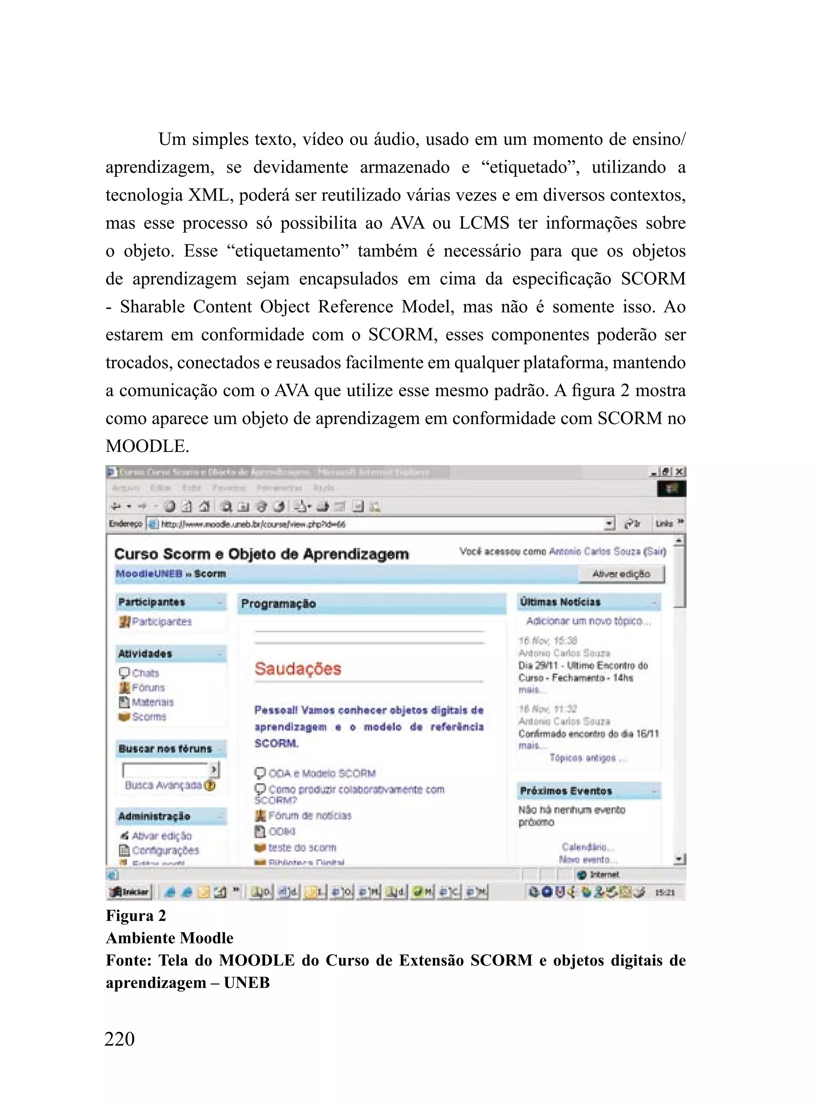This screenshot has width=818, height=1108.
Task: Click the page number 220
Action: (119, 1039)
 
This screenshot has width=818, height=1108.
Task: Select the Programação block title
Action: (278, 603)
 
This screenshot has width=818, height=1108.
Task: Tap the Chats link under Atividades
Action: (145, 673)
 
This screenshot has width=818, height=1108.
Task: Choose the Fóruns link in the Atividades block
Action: (147, 688)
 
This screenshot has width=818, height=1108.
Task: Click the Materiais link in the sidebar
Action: (153, 702)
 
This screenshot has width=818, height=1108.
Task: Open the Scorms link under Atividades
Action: (149, 717)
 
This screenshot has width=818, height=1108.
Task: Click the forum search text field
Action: (165, 769)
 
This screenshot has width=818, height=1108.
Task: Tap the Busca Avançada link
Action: (163, 785)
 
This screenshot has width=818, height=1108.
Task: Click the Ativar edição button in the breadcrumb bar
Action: (621, 574)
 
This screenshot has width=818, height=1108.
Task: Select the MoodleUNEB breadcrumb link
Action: (149, 573)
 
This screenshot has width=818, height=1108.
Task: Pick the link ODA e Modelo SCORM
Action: (322, 773)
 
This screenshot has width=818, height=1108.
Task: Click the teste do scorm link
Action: (302, 847)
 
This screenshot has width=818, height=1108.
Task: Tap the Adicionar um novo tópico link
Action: (588, 621)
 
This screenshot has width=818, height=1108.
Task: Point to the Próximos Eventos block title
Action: (566, 791)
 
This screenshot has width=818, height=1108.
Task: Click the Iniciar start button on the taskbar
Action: (130, 892)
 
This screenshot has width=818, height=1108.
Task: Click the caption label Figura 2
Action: (136, 916)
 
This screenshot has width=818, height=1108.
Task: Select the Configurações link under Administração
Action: (165, 850)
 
